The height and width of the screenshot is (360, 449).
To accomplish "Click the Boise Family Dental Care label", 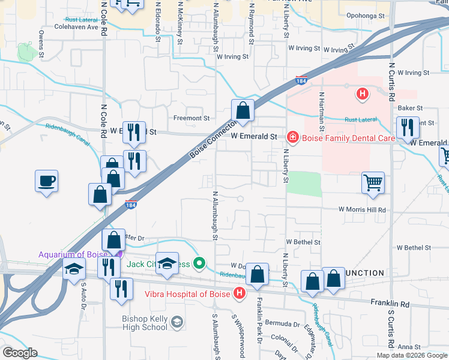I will (x=348, y=138).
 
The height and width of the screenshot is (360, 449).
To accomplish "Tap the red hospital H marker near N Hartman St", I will (x=362, y=94).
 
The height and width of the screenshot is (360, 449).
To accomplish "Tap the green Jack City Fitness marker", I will (x=201, y=263).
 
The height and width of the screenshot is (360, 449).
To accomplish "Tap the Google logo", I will (x=20, y=352).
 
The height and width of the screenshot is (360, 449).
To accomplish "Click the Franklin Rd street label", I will (x=390, y=304).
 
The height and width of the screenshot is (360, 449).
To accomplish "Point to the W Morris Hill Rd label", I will (x=361, y=210).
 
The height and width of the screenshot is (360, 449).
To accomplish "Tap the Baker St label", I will (x=411, y=107).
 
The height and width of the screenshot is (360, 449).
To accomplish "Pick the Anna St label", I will (x=408, y=347).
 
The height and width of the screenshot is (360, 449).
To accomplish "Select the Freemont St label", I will (x=191, y=118).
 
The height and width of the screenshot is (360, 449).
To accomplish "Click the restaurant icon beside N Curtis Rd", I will (x=408, y=127).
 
